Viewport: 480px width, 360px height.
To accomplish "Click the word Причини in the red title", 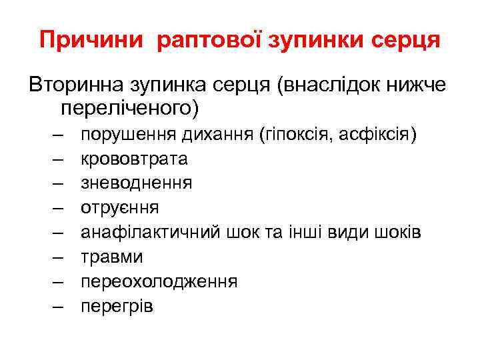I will point(91,39).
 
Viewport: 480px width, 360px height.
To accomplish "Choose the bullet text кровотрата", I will point(134,159).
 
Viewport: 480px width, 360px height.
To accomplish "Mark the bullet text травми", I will point(112,256).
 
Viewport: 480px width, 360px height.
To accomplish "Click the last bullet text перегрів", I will point(117,305).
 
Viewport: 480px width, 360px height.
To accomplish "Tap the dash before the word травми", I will point(55,256).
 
